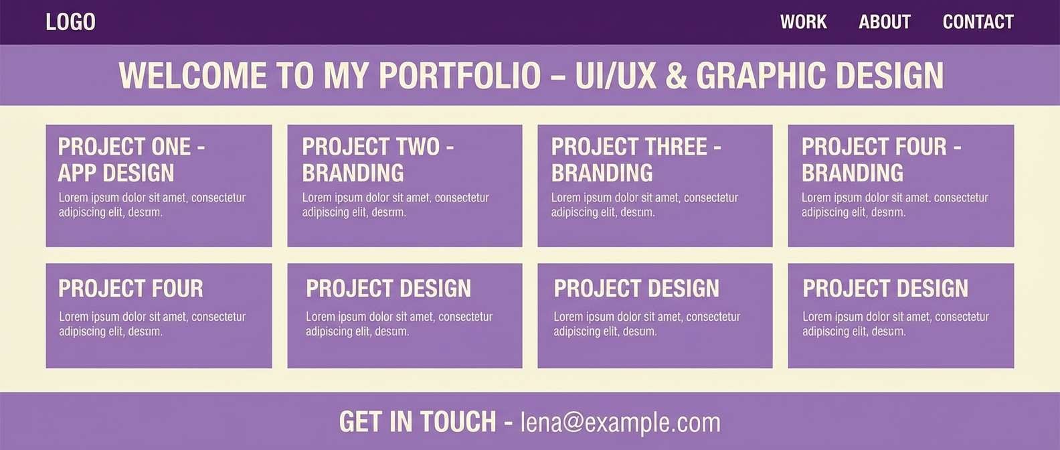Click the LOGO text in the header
70,22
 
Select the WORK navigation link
803,22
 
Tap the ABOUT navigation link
884,22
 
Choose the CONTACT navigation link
978,22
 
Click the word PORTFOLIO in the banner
460,76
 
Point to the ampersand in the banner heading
676,76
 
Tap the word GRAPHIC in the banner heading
761,76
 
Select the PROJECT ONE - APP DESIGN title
131,159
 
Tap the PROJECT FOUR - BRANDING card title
881,159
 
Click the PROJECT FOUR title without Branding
130,289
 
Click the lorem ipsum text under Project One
152,205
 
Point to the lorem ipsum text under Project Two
395,205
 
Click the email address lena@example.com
620,423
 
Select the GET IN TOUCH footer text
418,423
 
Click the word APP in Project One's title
78,173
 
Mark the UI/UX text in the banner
616,76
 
